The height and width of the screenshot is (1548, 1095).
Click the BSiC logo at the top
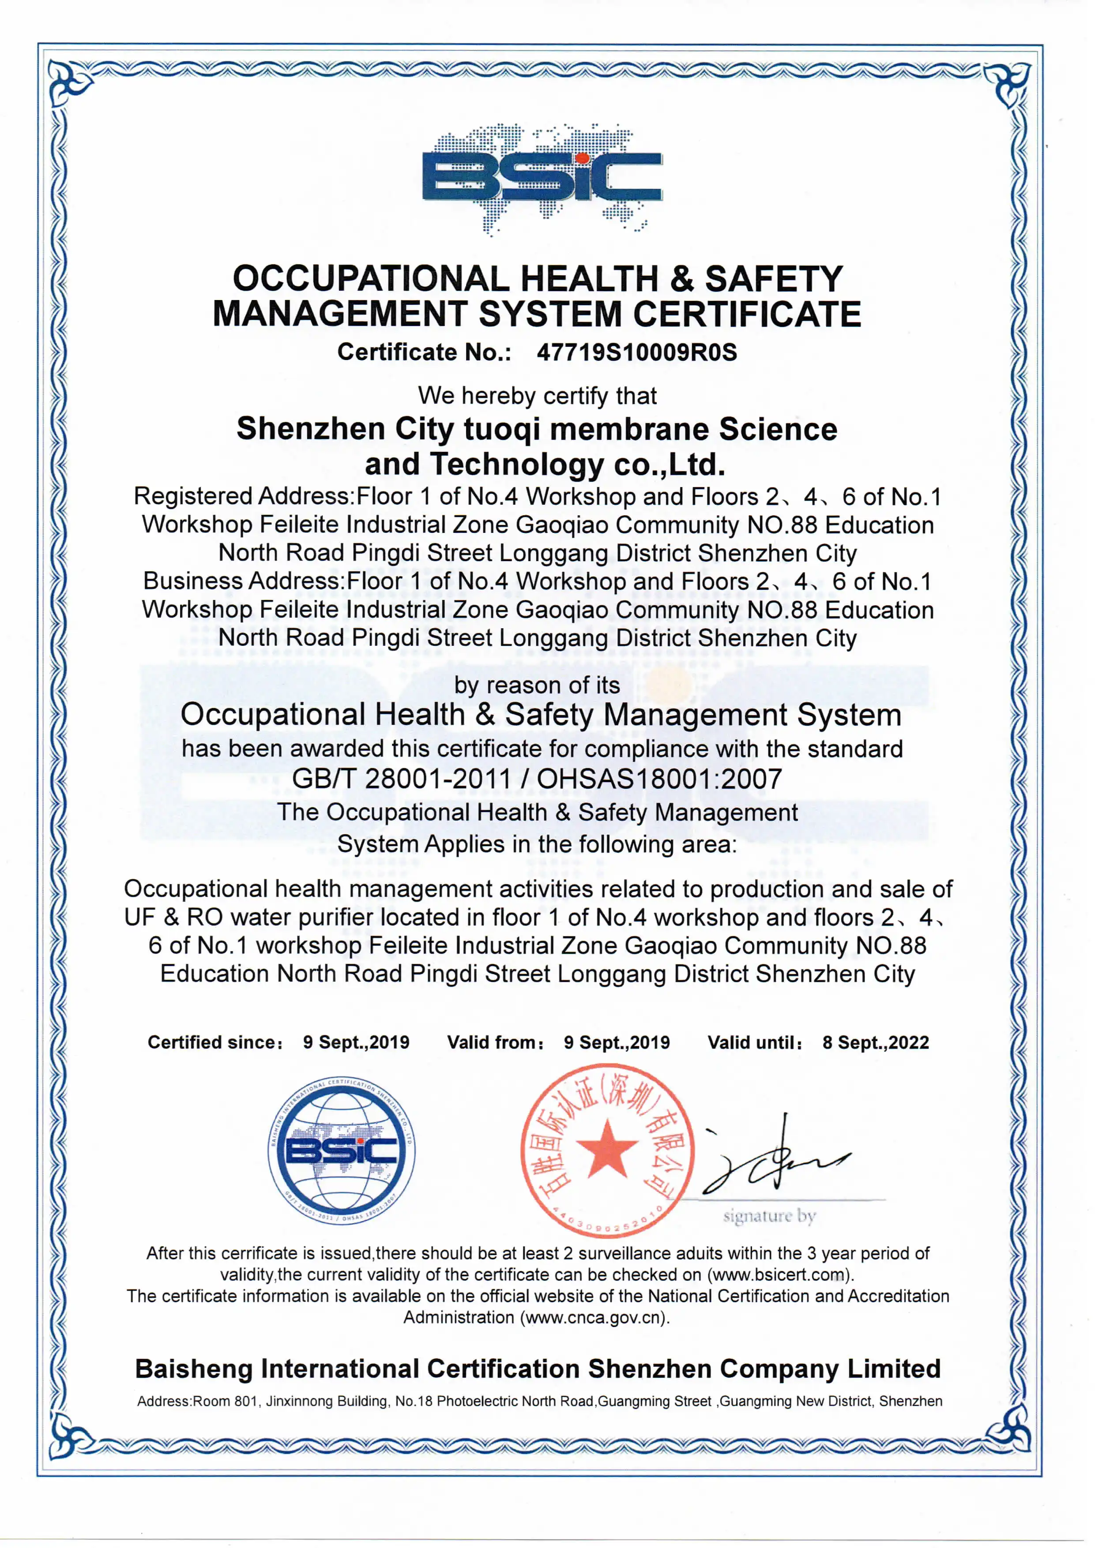click(x=542, y=177)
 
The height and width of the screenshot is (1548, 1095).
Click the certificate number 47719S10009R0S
click(x=636, y=352)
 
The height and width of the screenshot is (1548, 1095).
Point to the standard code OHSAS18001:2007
click(x=659, y=780)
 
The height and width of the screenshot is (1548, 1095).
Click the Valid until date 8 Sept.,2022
click(x=875, y=1042)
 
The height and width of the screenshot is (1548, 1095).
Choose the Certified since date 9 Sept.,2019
click(x=356, y=1042)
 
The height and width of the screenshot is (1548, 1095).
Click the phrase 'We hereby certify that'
click(x=537, y=396)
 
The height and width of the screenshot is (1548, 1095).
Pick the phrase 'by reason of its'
click(x=537, y=686)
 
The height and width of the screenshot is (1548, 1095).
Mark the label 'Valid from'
click(x=495, y=1042)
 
